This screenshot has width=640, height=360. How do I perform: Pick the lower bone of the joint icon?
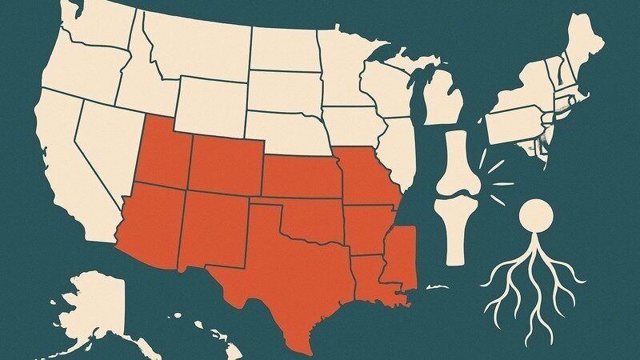(x=453, y=228)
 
